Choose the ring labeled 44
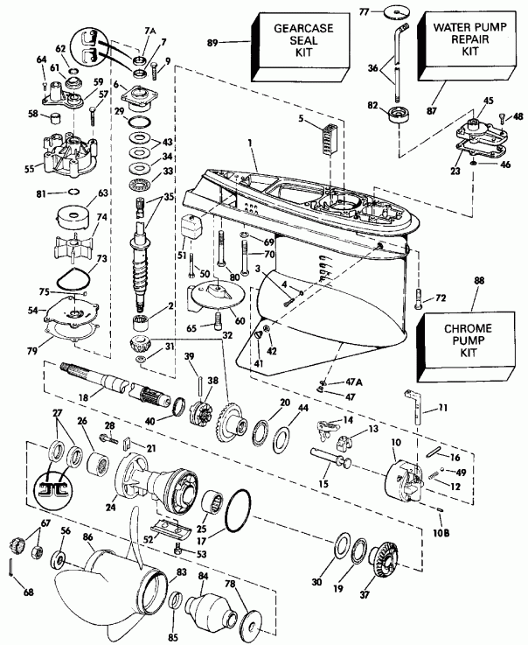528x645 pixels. [282, 435]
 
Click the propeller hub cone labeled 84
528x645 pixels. [213, 606]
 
